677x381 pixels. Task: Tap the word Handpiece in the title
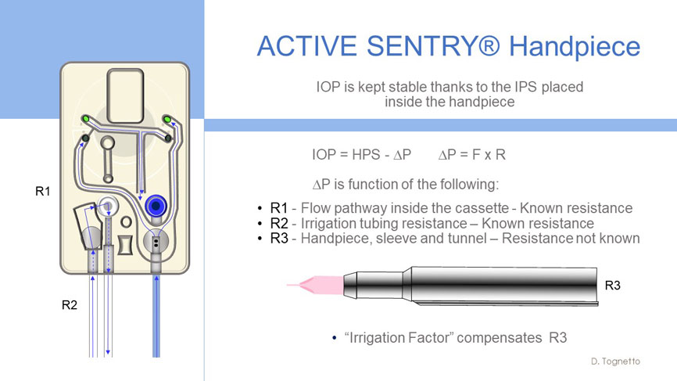pyautogui.click(x=575, y=47)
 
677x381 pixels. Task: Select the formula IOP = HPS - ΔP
pyautogui.click(x=361, y=154)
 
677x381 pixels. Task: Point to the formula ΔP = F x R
pyautogui.click(x=472, y=154)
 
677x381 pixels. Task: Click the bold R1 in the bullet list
pyautogui.click(x=279, y=208)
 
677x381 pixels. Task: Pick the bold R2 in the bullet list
pyautogui.click(x=279, y=223)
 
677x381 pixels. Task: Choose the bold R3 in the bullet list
pyautogui.click(x=279, y=239)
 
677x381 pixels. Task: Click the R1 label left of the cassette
pyautogui.click(x=43, y=191)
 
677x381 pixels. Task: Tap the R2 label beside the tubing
pyautogui.click(x=70, y=305)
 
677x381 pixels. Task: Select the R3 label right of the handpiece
pyautogui.click(x=613, y=285)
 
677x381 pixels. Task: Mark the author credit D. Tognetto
pyautogui.click(x=615, y=361)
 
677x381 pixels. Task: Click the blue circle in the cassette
pyautogui.click(x=156, y=206)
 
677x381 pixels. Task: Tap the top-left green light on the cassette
pyautogui.click(x=85, y=119)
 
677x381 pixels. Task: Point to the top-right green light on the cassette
pyautogui.click(x=167, y=119)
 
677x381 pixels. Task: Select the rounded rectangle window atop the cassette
pyautogui.click(x=125, y=96)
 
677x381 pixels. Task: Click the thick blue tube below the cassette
pyautogui.click(x=156, y=316)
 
